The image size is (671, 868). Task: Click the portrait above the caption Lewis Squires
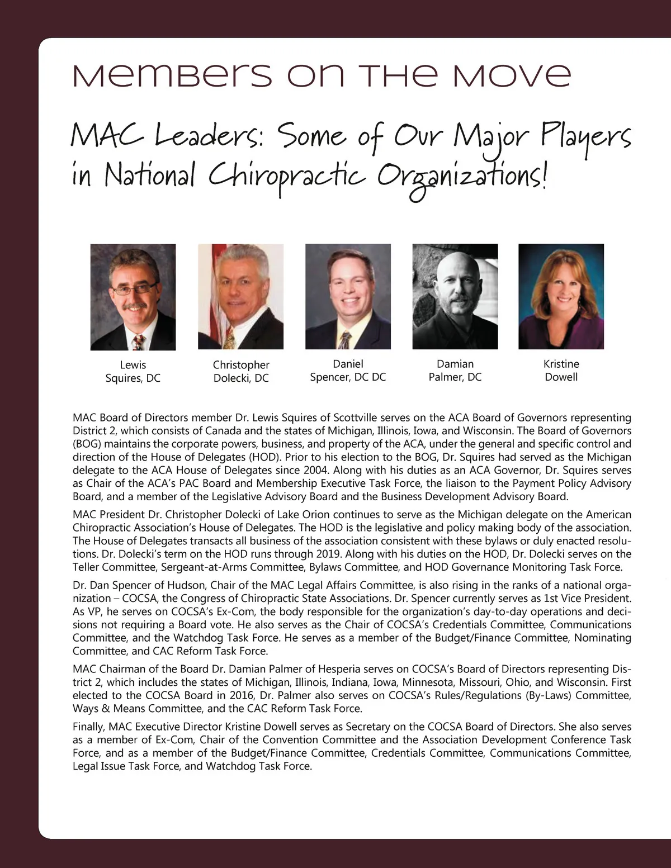133,297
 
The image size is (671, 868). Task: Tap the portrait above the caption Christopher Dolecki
240,297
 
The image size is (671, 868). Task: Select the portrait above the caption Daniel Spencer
348,297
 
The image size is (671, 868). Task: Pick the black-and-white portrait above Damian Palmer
455,297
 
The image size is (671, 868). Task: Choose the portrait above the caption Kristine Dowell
561,297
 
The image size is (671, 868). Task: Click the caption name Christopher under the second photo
241,365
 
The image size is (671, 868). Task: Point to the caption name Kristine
561,364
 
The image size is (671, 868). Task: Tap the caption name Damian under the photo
455,364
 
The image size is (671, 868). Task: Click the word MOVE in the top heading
512,76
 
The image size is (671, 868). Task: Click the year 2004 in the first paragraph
316,470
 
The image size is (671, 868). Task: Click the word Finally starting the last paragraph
88,727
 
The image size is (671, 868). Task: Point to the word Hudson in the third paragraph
187,585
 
